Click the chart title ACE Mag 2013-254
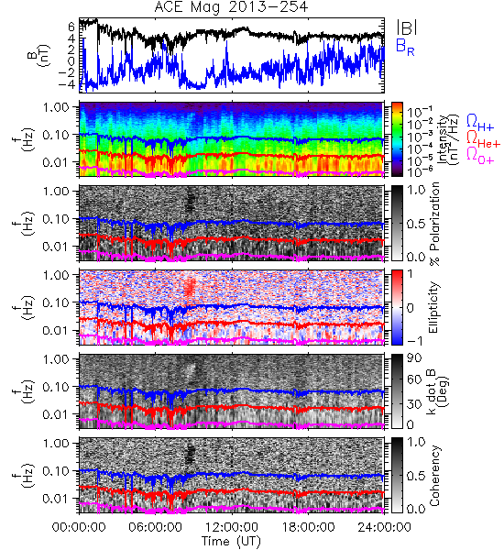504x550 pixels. tap(231, 7)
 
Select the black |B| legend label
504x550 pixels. tap(407, 27)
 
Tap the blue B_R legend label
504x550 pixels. tap(405, 47)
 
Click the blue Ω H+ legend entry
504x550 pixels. tap(480, 123)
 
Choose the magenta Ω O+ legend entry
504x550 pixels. tap(480, 156)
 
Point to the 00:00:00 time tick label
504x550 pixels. tap(79, 527)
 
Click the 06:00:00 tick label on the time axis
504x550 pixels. tap(156, 527)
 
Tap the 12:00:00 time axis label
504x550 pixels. tap(232, 527)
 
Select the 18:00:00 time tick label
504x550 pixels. tap(308, 527)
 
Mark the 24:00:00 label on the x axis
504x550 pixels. tap(384, 527)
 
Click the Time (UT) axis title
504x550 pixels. tap(231, 541)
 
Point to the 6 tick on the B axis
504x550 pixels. tap(71, 27)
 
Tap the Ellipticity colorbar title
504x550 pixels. tap(433, 308)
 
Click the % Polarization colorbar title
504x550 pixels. tap(434, 224)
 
